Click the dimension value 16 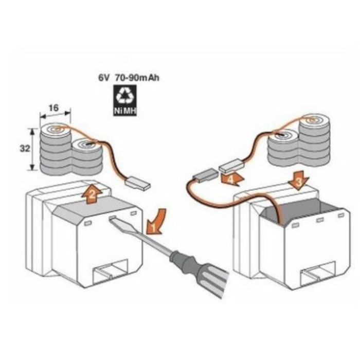point(54,107)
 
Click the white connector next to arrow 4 point(230,165)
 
